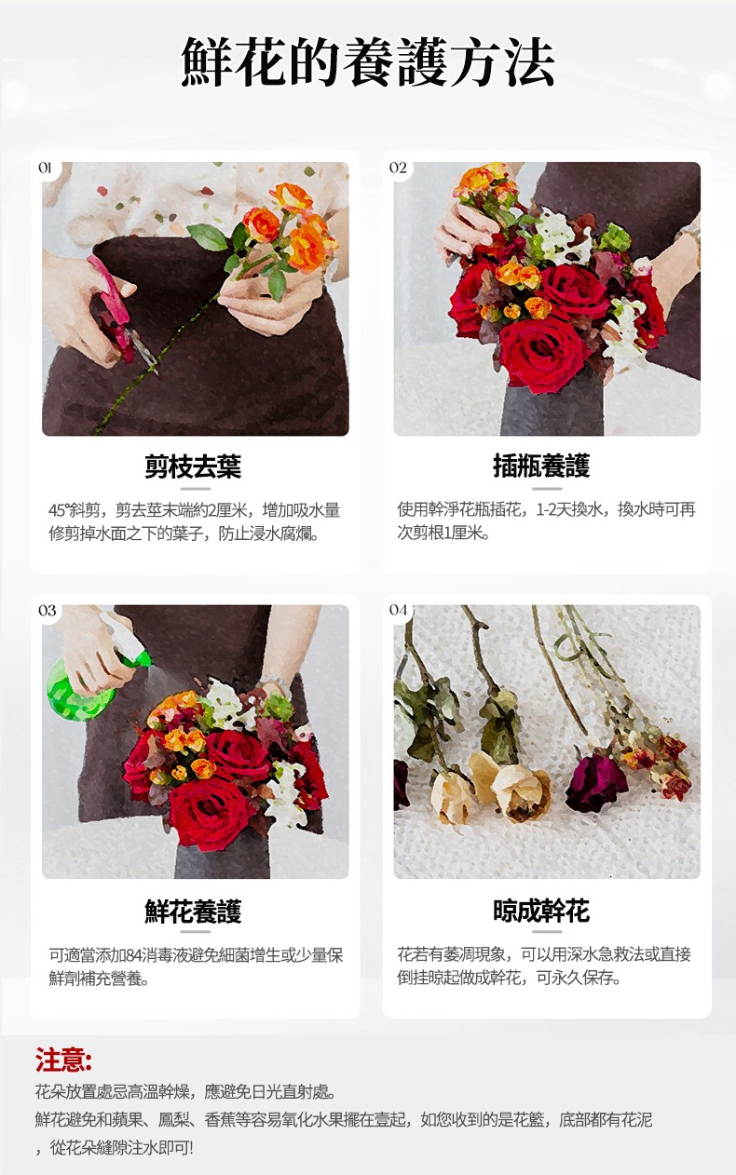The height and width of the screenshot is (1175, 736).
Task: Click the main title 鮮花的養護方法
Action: pos(368,62)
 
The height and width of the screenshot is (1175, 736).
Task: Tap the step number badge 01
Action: pos(45,168)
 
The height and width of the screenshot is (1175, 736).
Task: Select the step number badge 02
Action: pos(398,168)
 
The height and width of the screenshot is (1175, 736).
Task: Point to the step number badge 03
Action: pos(47,611)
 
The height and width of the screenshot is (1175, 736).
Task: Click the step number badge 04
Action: pos(399,611)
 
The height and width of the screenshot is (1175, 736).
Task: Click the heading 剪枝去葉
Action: pos(194,466)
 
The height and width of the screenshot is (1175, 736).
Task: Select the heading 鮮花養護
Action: pos(194,911)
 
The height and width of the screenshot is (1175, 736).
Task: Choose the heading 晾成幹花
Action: pos(541,911)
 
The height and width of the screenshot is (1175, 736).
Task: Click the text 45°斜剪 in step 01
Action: pos(77,510)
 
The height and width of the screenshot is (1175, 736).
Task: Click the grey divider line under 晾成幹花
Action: pos(547,931)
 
